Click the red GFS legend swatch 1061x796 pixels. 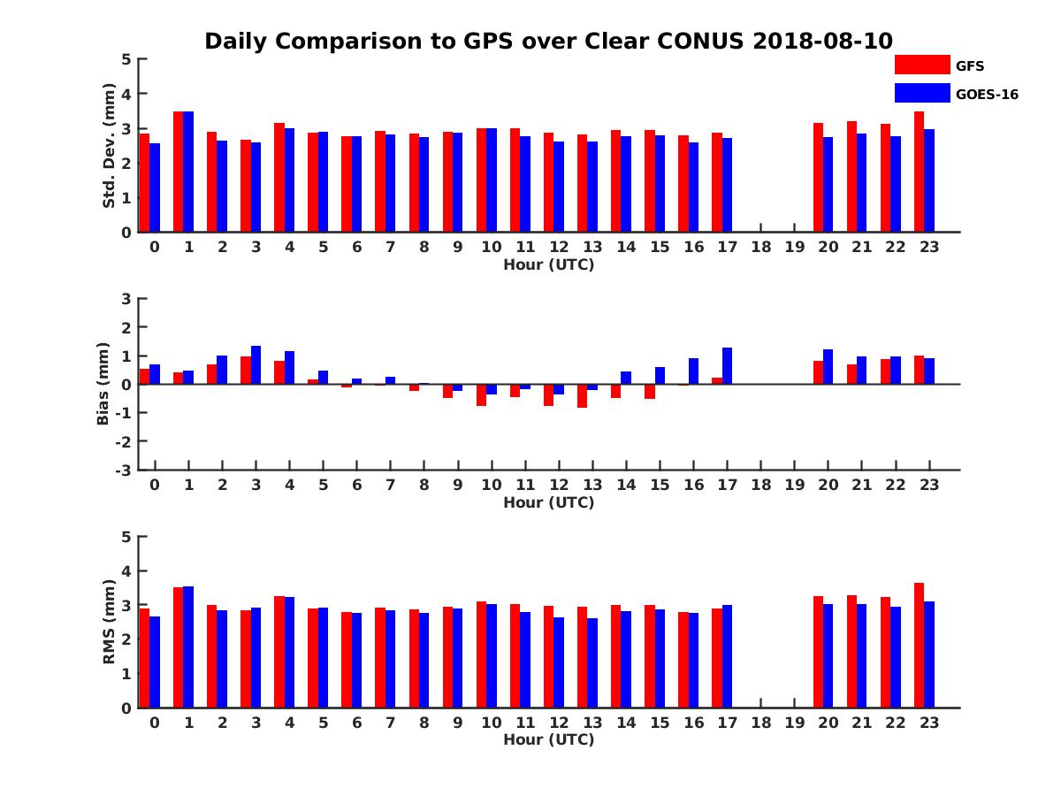[x=922, y=65]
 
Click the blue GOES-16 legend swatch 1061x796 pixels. [x=922, y=93]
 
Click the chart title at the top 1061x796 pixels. [x=548, y=42]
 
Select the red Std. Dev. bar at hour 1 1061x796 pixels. [x=179, y=172]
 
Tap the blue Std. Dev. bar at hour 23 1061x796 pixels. [x=929, y=180]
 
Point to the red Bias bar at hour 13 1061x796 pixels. [x=582, y=395]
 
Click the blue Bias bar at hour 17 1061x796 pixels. [x=727, y=365]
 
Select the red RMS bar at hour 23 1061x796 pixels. [x=919, y=645]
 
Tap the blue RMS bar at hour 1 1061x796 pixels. [x=188, y=647]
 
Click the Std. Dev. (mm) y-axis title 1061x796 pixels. [x=110, y=146]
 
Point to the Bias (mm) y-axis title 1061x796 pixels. [x=103, y=384]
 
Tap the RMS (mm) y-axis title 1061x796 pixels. [x=110, y=622]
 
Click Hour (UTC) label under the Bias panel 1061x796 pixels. [x=548, y=502]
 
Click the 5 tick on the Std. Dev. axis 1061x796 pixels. [x=127, y=59]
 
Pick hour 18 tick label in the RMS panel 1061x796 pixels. [x=760, y=722]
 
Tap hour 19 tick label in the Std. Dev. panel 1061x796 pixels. [x=794, y=247]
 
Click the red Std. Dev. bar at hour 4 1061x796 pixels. [x=279, y=177]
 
